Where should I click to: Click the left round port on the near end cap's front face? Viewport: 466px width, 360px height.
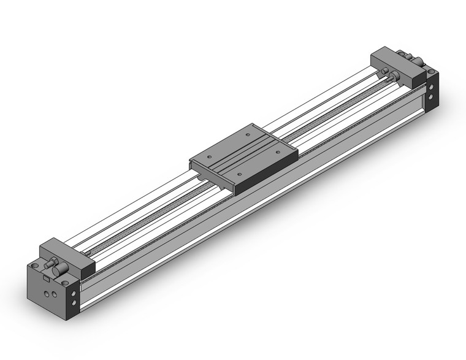coord(44,294)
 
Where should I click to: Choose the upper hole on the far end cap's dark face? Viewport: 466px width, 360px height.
coord(434,86)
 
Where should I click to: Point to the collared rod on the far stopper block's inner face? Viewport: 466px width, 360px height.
coord(393,76)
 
